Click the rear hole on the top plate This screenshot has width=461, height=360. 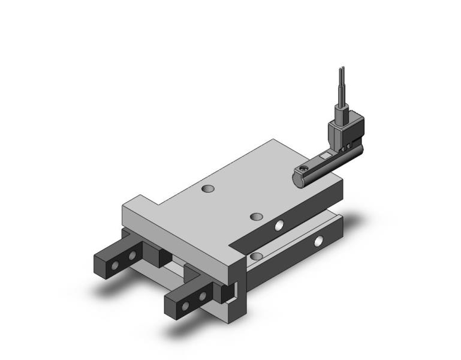coord(207,189)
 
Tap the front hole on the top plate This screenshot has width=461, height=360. coord(257,216)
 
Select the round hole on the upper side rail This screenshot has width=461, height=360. coord(279,226)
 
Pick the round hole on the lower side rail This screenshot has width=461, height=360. coord(318,242)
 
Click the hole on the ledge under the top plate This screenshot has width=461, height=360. coord(256,256)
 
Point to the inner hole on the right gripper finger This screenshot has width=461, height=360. coord(203,296)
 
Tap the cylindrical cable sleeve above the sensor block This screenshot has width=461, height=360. coord(341,96)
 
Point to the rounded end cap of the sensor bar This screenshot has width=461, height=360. coord(298,176)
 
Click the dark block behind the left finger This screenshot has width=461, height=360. coord(160,257)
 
